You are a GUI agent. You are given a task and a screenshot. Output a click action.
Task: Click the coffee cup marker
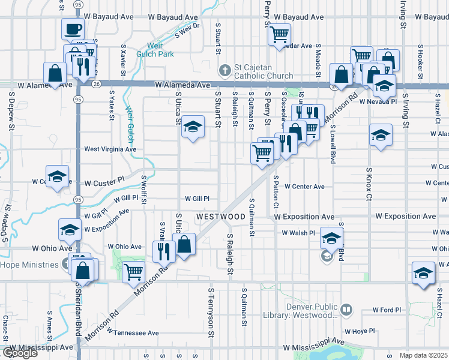pos(73,29)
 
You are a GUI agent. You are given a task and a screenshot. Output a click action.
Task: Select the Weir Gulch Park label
pos(154,53)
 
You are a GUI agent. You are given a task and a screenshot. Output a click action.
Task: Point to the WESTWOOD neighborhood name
pos(220,216)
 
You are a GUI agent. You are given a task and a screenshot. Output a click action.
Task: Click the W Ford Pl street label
pos(387,310)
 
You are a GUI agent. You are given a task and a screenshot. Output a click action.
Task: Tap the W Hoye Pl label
pos(359,331)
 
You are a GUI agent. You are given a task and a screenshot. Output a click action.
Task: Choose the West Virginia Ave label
pos(110,149)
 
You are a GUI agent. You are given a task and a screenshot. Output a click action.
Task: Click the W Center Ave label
pos(304,187)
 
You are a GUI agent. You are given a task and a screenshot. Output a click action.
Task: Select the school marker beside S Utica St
pos(193,127)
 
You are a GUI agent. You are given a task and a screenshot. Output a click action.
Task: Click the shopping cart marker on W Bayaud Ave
pos(279,35)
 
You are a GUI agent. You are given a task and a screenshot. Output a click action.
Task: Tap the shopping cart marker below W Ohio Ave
pos(133,272)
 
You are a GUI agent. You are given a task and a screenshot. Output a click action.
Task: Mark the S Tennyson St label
pos(211,307)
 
